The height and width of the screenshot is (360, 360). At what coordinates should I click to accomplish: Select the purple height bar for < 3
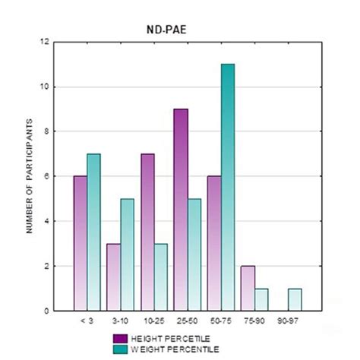81,243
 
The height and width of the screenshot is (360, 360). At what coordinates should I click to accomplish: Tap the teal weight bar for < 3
93,232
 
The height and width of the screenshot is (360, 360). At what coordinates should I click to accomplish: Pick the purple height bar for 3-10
113,277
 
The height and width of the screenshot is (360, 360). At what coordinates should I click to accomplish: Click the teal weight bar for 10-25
159,277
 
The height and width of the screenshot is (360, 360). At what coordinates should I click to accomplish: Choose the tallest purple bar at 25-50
180,210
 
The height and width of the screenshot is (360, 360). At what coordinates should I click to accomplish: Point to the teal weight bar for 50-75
227,187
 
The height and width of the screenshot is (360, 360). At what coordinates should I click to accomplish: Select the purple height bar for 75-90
246,289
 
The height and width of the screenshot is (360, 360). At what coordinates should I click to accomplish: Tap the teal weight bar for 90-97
295,300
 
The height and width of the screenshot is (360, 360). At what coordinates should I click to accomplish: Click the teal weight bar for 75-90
261,300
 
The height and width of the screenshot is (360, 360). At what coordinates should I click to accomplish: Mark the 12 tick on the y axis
49,42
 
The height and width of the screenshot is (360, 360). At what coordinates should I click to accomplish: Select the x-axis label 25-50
186,321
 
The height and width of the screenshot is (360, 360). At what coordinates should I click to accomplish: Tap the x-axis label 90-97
287,321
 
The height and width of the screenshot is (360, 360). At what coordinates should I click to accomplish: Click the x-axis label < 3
86,321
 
